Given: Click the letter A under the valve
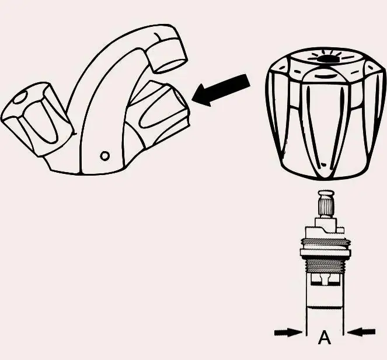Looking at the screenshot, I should pyautogui.click(x=324, y=338).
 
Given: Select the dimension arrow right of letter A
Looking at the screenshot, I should pyautogui.click(x=362, y=332).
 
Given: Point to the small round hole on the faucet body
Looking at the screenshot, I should pyautogui.click(x=104, y=156).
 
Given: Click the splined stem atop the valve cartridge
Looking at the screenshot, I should pyautogui.click(x=325, y=205).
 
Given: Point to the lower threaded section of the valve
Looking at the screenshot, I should pyautogui.click(x=325, y=266).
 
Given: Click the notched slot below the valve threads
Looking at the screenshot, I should pyautogui.click(x=325, y=281).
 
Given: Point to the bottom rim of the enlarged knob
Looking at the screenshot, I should pyautogui.click(x=323, y=173).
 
